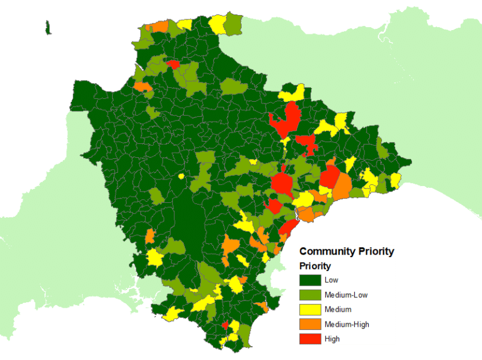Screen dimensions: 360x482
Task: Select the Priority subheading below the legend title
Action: click(315, 265)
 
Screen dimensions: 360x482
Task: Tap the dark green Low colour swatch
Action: click(310, 280)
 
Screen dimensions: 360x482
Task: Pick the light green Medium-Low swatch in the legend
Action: click(310, 295)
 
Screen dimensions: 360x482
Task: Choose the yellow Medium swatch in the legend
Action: click(310, 309)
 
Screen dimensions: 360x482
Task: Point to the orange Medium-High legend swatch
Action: click(310, 324)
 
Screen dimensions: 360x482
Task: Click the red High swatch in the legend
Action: click(310, 339)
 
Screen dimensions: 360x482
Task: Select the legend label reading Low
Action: click(331, 280)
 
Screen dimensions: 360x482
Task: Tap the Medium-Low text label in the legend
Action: click(345, 295)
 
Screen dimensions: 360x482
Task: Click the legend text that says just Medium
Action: click(337, 309)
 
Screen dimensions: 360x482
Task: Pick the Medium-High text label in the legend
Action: click(346, 324)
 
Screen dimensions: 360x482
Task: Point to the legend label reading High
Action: click(332, 339)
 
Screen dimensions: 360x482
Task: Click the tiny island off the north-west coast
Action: click(47, 26)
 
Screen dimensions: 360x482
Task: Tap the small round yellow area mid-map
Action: click(181, 176)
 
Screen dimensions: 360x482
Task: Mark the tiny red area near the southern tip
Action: click(225, 325)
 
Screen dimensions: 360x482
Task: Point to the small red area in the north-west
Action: click(173, 64)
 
